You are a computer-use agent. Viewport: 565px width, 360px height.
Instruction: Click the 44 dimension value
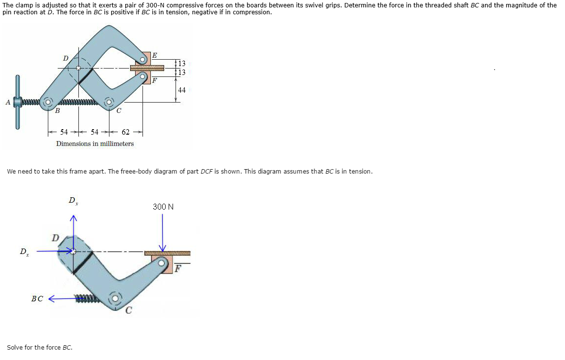point(181,90)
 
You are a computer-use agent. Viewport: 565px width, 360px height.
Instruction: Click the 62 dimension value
point(125,132)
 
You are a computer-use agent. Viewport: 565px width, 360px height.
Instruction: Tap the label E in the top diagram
point(155,55)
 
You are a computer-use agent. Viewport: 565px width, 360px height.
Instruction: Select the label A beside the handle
point(8,103)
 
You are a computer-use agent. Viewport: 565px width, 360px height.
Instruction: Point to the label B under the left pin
point(57,110)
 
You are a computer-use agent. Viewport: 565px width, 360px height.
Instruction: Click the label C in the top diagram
point(119,110)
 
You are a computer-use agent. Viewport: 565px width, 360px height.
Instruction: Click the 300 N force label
point(163,207)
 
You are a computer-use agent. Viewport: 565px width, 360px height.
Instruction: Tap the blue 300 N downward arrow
point(163,233)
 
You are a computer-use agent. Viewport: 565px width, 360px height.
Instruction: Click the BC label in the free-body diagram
point(37,299)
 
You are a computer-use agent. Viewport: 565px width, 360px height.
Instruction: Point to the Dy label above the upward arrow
point(73,201)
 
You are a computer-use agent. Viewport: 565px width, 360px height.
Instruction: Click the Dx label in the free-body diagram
point(24,252)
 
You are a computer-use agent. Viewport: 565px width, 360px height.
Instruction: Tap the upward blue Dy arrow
point(73,233)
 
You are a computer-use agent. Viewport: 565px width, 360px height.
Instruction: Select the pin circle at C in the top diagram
point(109,103)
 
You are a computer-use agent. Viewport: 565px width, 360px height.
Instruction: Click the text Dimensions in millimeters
point(95,144)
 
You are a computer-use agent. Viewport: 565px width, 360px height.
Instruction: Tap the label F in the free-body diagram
point(177,268)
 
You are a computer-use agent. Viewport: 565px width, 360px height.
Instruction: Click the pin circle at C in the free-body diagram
point(115,299)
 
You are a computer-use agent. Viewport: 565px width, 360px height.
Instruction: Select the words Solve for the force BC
point(39,347)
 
